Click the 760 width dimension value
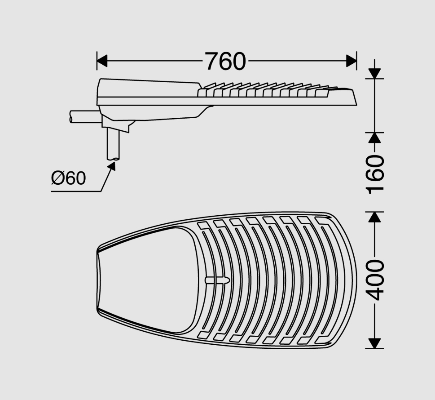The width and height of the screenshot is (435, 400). point(225,61)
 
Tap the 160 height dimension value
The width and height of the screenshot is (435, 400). point(375,174)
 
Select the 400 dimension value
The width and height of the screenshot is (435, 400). point(375,280)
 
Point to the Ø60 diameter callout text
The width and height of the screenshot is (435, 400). point(69,178)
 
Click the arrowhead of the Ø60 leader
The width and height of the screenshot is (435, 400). point(112,166)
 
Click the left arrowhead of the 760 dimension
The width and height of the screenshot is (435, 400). point(102,61)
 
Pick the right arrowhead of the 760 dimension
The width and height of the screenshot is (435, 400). point(352,61)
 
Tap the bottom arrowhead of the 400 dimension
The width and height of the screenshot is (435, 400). point(375,343)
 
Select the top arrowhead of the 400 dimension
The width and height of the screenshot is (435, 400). point(375,217)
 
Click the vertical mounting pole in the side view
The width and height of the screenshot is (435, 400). point(113,144)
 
